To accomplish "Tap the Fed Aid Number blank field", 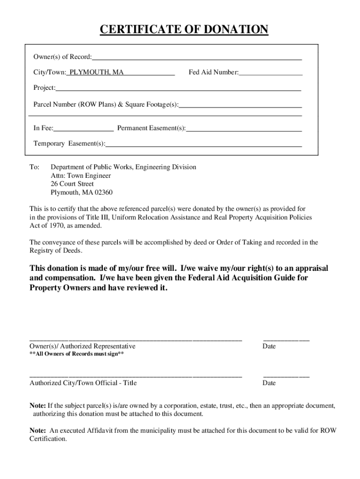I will tap(270, 73).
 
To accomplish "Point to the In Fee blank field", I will tap(84, 129).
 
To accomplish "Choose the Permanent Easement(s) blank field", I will tap(244, 129).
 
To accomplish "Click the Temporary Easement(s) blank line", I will tap(203, 145).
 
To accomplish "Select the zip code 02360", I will tap(103, 193).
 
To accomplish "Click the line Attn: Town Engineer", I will tap(80, 176).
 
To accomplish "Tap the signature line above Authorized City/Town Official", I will tap(136, 376).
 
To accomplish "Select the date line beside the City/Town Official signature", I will tap(286, 376).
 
